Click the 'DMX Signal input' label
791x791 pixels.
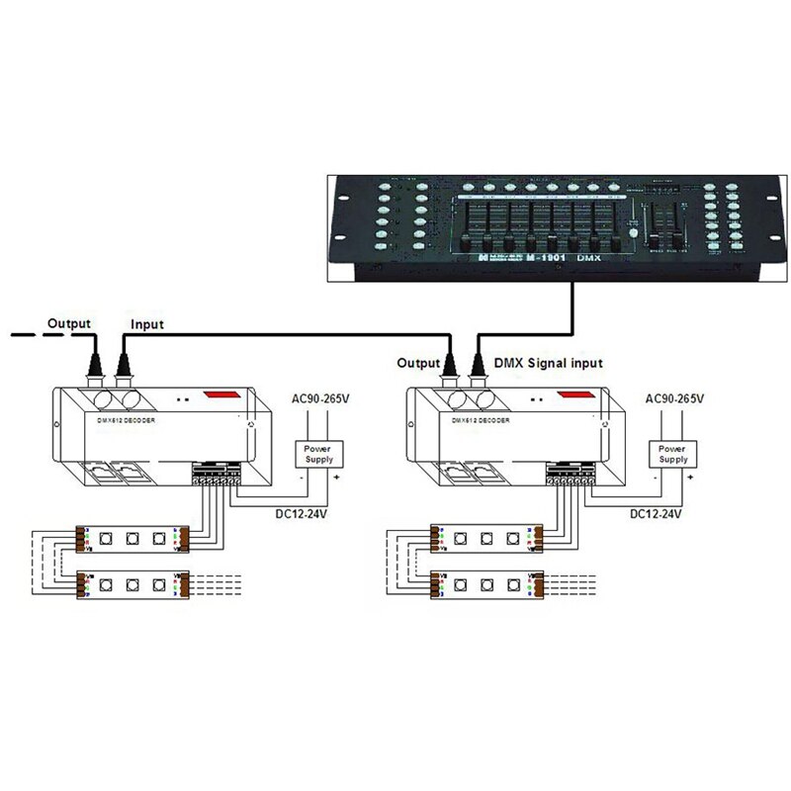547,363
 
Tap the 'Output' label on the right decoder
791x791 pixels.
418,363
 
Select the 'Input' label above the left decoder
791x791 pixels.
147,324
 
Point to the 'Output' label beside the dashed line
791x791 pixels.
69,323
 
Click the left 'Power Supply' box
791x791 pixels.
317,454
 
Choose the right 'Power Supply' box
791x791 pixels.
673,454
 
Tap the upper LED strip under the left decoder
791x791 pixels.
130,540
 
